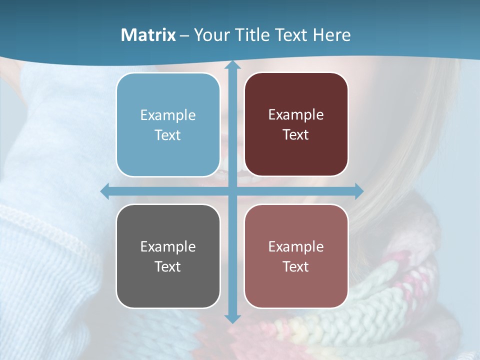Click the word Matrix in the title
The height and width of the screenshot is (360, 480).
[x=148, y=35]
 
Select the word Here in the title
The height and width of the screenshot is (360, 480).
[x=331, y=35]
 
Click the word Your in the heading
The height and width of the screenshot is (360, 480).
[x=210, y=35]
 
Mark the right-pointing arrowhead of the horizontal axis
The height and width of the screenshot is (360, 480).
[x=358, y=191]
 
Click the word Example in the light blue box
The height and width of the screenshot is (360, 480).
[x=168, y=115]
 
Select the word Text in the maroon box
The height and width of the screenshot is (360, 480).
[x=296, y=135]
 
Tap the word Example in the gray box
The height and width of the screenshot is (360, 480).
[x=168, y=247]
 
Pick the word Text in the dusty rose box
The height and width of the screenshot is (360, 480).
[x=296, y=266]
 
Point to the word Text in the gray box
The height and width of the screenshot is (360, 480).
[x=168, y=266]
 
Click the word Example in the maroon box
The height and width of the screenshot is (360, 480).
[x=296, y=115]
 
